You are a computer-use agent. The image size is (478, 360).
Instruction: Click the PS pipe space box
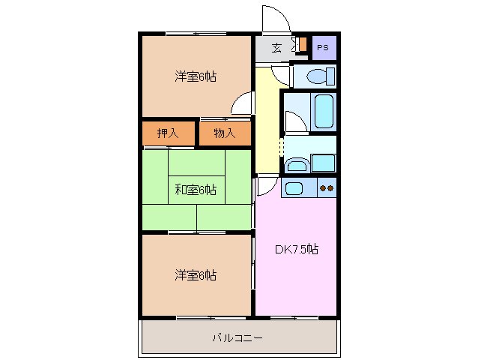[324, 47]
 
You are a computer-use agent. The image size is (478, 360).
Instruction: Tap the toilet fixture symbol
[321, 76]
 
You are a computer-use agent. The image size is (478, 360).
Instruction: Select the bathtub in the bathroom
[324, 111]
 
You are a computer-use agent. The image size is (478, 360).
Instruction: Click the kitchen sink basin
[294, 188]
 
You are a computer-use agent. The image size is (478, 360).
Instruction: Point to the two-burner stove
[327, 188]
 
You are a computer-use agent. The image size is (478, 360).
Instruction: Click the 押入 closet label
[168, 133]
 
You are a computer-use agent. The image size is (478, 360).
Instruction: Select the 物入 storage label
[225, 133]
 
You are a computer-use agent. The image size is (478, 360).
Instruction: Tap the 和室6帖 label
[196, 190]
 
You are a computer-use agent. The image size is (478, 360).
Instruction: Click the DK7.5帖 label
[297, 249]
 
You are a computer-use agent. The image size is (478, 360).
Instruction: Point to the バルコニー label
[238, 338]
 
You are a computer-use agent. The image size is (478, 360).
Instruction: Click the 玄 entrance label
[276, 48]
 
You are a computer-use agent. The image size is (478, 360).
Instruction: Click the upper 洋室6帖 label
[196, 76]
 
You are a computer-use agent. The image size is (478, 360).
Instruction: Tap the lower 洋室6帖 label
[196, 275]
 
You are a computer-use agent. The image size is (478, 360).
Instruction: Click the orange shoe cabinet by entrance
[303, 44]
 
